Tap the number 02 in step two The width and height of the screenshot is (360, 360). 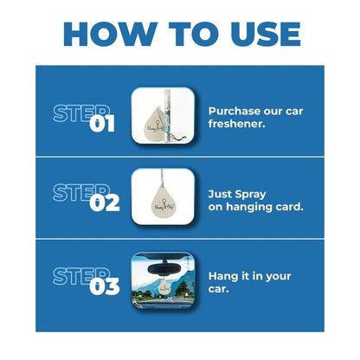tap(103, 203)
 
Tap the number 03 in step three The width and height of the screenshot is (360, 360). tap(103, 286)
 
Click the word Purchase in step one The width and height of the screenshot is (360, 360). tap(234, 111)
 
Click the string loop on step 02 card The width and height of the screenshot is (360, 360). tap(162, 181)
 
